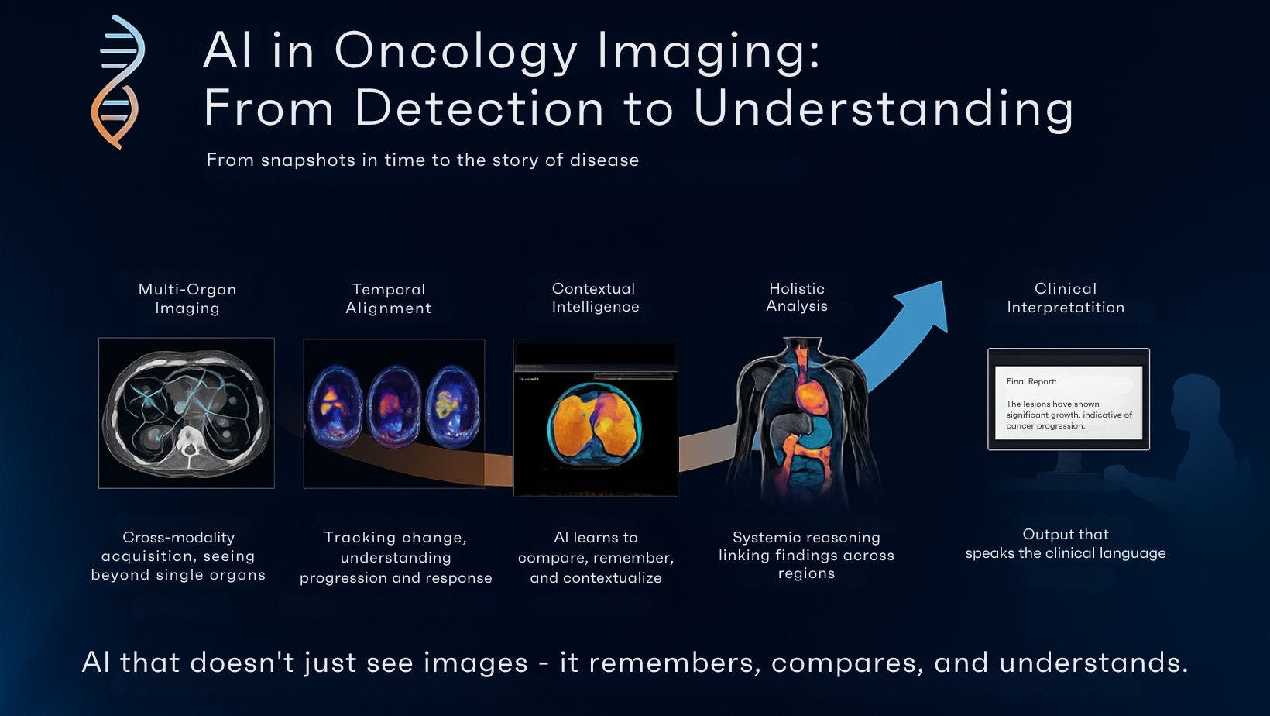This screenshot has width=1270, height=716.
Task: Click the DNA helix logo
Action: click(x=118, y=81)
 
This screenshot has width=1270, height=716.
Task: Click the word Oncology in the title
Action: click(x=456, y=52)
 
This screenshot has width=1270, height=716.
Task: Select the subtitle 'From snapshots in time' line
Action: click(x=422, y=160)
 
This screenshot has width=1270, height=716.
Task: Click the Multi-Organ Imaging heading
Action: click(x=187, y=298)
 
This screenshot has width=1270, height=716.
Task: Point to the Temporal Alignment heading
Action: click(x=389, y=298)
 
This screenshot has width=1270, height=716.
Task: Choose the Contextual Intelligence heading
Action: click(x=596, y=298)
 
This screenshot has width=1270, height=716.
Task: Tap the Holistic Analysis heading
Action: click(x=797, y=298)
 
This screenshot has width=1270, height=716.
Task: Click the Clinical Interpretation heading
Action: click(x=1066, y=298)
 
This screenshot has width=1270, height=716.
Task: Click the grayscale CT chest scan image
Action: click(x=187, y=412)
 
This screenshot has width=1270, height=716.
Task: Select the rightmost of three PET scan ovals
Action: click(x=452, y=407)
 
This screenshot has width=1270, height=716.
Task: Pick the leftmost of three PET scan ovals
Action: click(x=335, y=407)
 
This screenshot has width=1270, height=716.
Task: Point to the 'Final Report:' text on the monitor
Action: click(x=1031, y=382)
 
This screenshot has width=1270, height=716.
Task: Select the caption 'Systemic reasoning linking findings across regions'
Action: click(x=806, y=555)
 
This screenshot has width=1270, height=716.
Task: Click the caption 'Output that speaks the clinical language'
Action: click(x=1066, y=543)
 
